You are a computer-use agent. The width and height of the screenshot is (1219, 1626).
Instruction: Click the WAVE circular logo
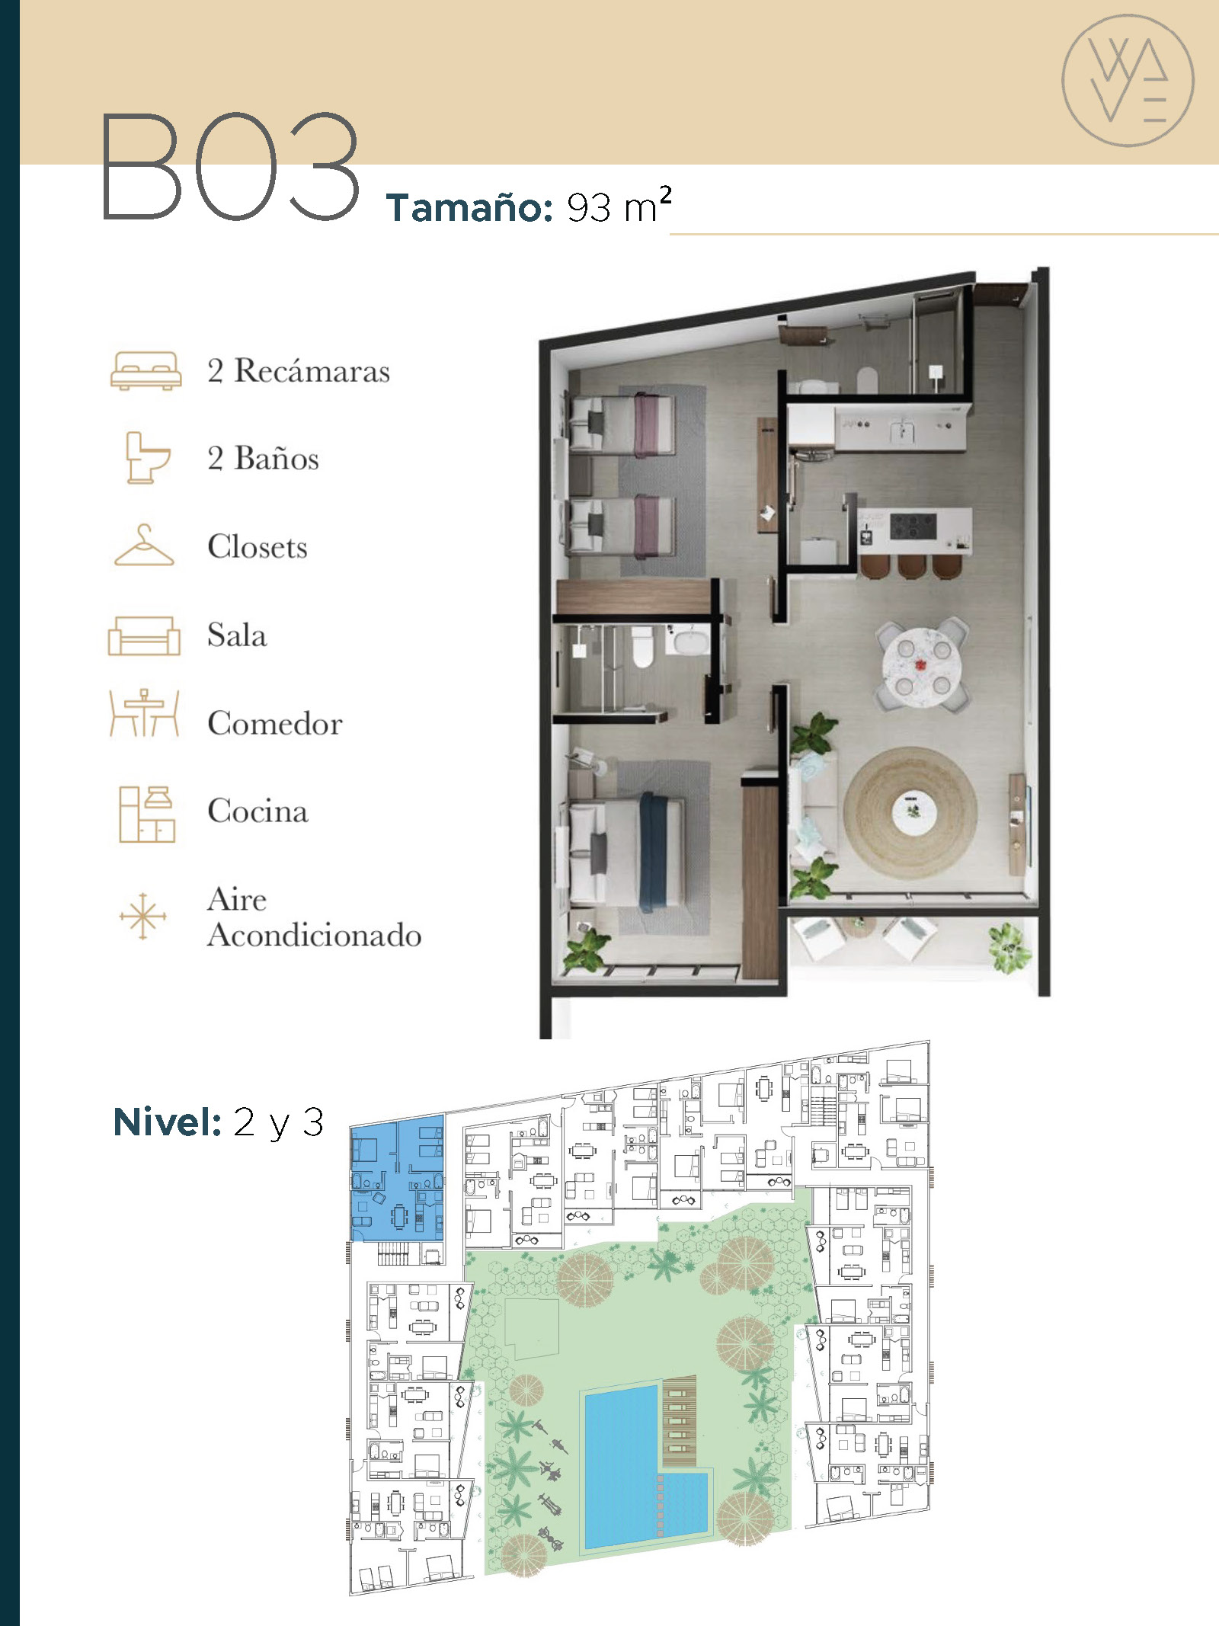[x=1128, y=80]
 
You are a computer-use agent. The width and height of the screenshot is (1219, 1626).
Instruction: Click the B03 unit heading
[x=230, y=167]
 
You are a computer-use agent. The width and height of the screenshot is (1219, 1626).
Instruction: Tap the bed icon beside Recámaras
[x=146, y=371]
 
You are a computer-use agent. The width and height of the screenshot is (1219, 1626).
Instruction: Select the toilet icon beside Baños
[x=146, y=457]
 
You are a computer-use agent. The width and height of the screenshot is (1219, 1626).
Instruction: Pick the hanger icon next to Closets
[x=144, y=546]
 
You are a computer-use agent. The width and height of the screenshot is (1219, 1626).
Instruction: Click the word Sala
[x=237, y=635]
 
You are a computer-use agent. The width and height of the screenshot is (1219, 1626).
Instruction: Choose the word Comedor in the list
[x=275, y=723]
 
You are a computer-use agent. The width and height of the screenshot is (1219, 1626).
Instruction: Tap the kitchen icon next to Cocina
[x=146, y=814]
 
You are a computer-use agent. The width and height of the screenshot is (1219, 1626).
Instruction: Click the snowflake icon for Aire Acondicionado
[x=142, y=915]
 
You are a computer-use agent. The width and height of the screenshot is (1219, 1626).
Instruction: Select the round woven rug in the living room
[x=910, y=813]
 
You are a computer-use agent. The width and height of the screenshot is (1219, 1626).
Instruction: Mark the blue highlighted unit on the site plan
[x=397, y=1178]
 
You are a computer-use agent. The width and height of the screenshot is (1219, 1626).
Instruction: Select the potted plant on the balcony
[x=1010, y=947]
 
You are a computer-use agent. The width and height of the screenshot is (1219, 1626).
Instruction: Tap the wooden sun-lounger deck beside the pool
[x=680, y=1422]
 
